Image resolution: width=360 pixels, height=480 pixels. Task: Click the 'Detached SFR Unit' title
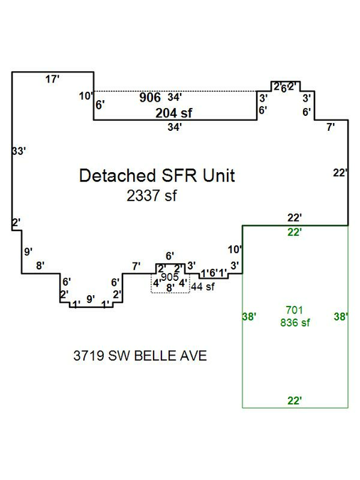(x=157, y=176)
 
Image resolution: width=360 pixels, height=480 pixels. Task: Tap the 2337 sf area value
(x=152, y=196)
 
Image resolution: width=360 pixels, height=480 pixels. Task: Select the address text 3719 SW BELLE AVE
(x=140, y=356)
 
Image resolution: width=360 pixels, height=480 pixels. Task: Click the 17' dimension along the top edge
(x=52, y=79)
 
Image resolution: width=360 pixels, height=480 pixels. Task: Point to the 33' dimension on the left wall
(x=18, y=151)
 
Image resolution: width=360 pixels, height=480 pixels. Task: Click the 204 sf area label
(x=174, y=113)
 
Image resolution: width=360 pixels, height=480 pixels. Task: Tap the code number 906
(x=150, y=97)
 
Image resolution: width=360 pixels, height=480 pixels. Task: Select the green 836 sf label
(x=295, y=322)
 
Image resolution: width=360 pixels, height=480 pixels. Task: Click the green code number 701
(x=294, y=310)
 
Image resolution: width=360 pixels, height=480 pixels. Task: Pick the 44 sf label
(x=203, y=287)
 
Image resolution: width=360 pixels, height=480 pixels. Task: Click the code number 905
(x=170, y=277)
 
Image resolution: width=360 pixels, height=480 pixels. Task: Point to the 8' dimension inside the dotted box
(x=170, y=288)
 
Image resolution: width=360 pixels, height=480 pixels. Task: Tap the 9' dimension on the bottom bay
(x=90, y=299)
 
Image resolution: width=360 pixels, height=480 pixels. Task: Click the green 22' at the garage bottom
(x=295, y=400)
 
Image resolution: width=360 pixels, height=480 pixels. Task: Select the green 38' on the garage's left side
(x=249, y=316)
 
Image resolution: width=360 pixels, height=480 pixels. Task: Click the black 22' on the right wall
(x=340, y=173)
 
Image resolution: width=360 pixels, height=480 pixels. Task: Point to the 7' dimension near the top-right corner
(x=331, y=127)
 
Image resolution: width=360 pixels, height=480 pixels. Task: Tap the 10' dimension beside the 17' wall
(x=86, y=96)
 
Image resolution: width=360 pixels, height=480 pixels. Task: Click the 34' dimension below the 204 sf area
(x=174, y=127)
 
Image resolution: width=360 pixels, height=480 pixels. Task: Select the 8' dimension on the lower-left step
(x=40, y=265)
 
